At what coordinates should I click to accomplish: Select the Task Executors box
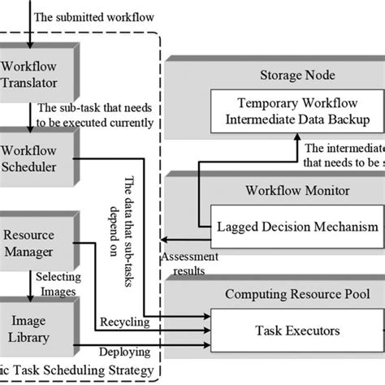click(296, 331)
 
